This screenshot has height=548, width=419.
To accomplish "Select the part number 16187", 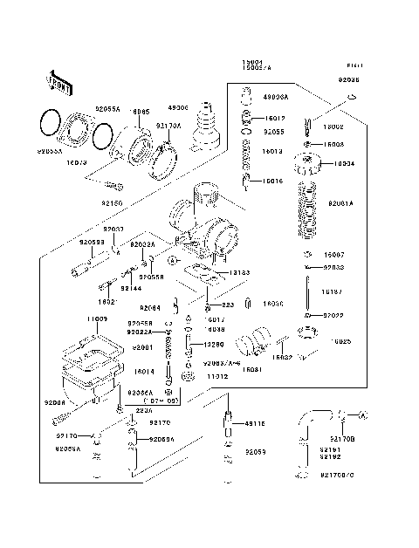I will point(332,291).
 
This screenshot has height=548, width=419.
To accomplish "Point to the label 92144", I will point(131,287).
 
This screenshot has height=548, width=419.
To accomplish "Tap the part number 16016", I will point(273,181).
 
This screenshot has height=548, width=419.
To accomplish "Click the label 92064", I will point(150,308).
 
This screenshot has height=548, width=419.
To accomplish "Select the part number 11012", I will point(217,401).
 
